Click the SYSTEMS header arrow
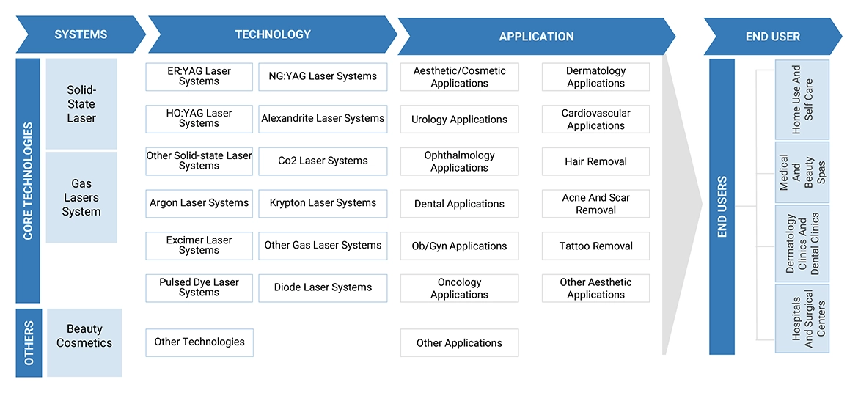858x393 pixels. coord(81,34)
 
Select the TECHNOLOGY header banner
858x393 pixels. coord(272,34)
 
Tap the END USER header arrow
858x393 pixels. coord(772,36)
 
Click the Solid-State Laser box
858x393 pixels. coord(81,104)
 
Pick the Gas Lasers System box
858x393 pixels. coord(81,197)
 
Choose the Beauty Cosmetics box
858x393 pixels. coord(84,337)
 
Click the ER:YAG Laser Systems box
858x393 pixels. coord(199,76)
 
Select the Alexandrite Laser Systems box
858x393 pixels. coord(323,118)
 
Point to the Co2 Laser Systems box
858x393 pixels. coord(323,161)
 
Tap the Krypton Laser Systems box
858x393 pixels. coord(323,203)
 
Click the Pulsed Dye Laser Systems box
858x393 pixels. coord(199,287)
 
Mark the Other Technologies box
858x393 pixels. coord(199,342)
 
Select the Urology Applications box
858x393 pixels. coord(459,120)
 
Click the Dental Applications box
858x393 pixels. coord(459,204)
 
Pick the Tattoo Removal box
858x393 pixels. coord(595,246)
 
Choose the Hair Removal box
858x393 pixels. coord(595,161)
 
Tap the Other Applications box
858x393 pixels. coord(459,343)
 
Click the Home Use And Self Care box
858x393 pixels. coord(802,100)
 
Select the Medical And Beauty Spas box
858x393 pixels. coord(802,172)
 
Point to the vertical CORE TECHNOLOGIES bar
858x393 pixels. coord(28,181)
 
